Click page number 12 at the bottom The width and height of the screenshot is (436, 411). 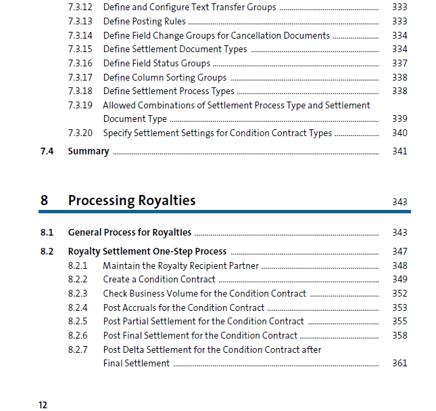pyautogui.click(x=43, y=405)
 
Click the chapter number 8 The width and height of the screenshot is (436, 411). pyautogui.click(x=44, y=200)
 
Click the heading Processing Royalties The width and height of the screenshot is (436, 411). pyautogui.click(x=132, y=200)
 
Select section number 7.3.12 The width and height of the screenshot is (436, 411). pyautogui.click(x=80, y=7)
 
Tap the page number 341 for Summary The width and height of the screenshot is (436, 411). pyautogui.click(x=399, y=151)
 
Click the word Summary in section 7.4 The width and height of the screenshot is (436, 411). pyautogui.click(x=88, y=151)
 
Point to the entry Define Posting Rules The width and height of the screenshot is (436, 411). pyautogui.click(x=144, y=22)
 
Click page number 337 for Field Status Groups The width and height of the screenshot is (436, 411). pyautogui.click(x=399, y=64)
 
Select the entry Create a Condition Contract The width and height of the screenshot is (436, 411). pyautogui.click(x=159, y=279)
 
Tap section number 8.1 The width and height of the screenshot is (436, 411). pyautogui.click(x=47, y=232)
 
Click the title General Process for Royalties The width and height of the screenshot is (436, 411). pyautogui.click(x=129, y=232)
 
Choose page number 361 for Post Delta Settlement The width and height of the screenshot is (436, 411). pyautogui.click(x=399, y=363)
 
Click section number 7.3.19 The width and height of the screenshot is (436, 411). pyautogui.click(x=80, y=105)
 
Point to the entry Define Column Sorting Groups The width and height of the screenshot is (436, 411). pyautogui.click(x=164, y=77)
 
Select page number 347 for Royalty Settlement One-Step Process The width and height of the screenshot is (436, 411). pyautogui.click(x=399, y=251)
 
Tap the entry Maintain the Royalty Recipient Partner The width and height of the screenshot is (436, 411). pyautogui.click(x=180, y=265)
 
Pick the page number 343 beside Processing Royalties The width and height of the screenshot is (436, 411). pyautogui.click(x=399, y=202)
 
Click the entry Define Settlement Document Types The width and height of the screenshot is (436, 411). pyautogui.click(x=174, y=49)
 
